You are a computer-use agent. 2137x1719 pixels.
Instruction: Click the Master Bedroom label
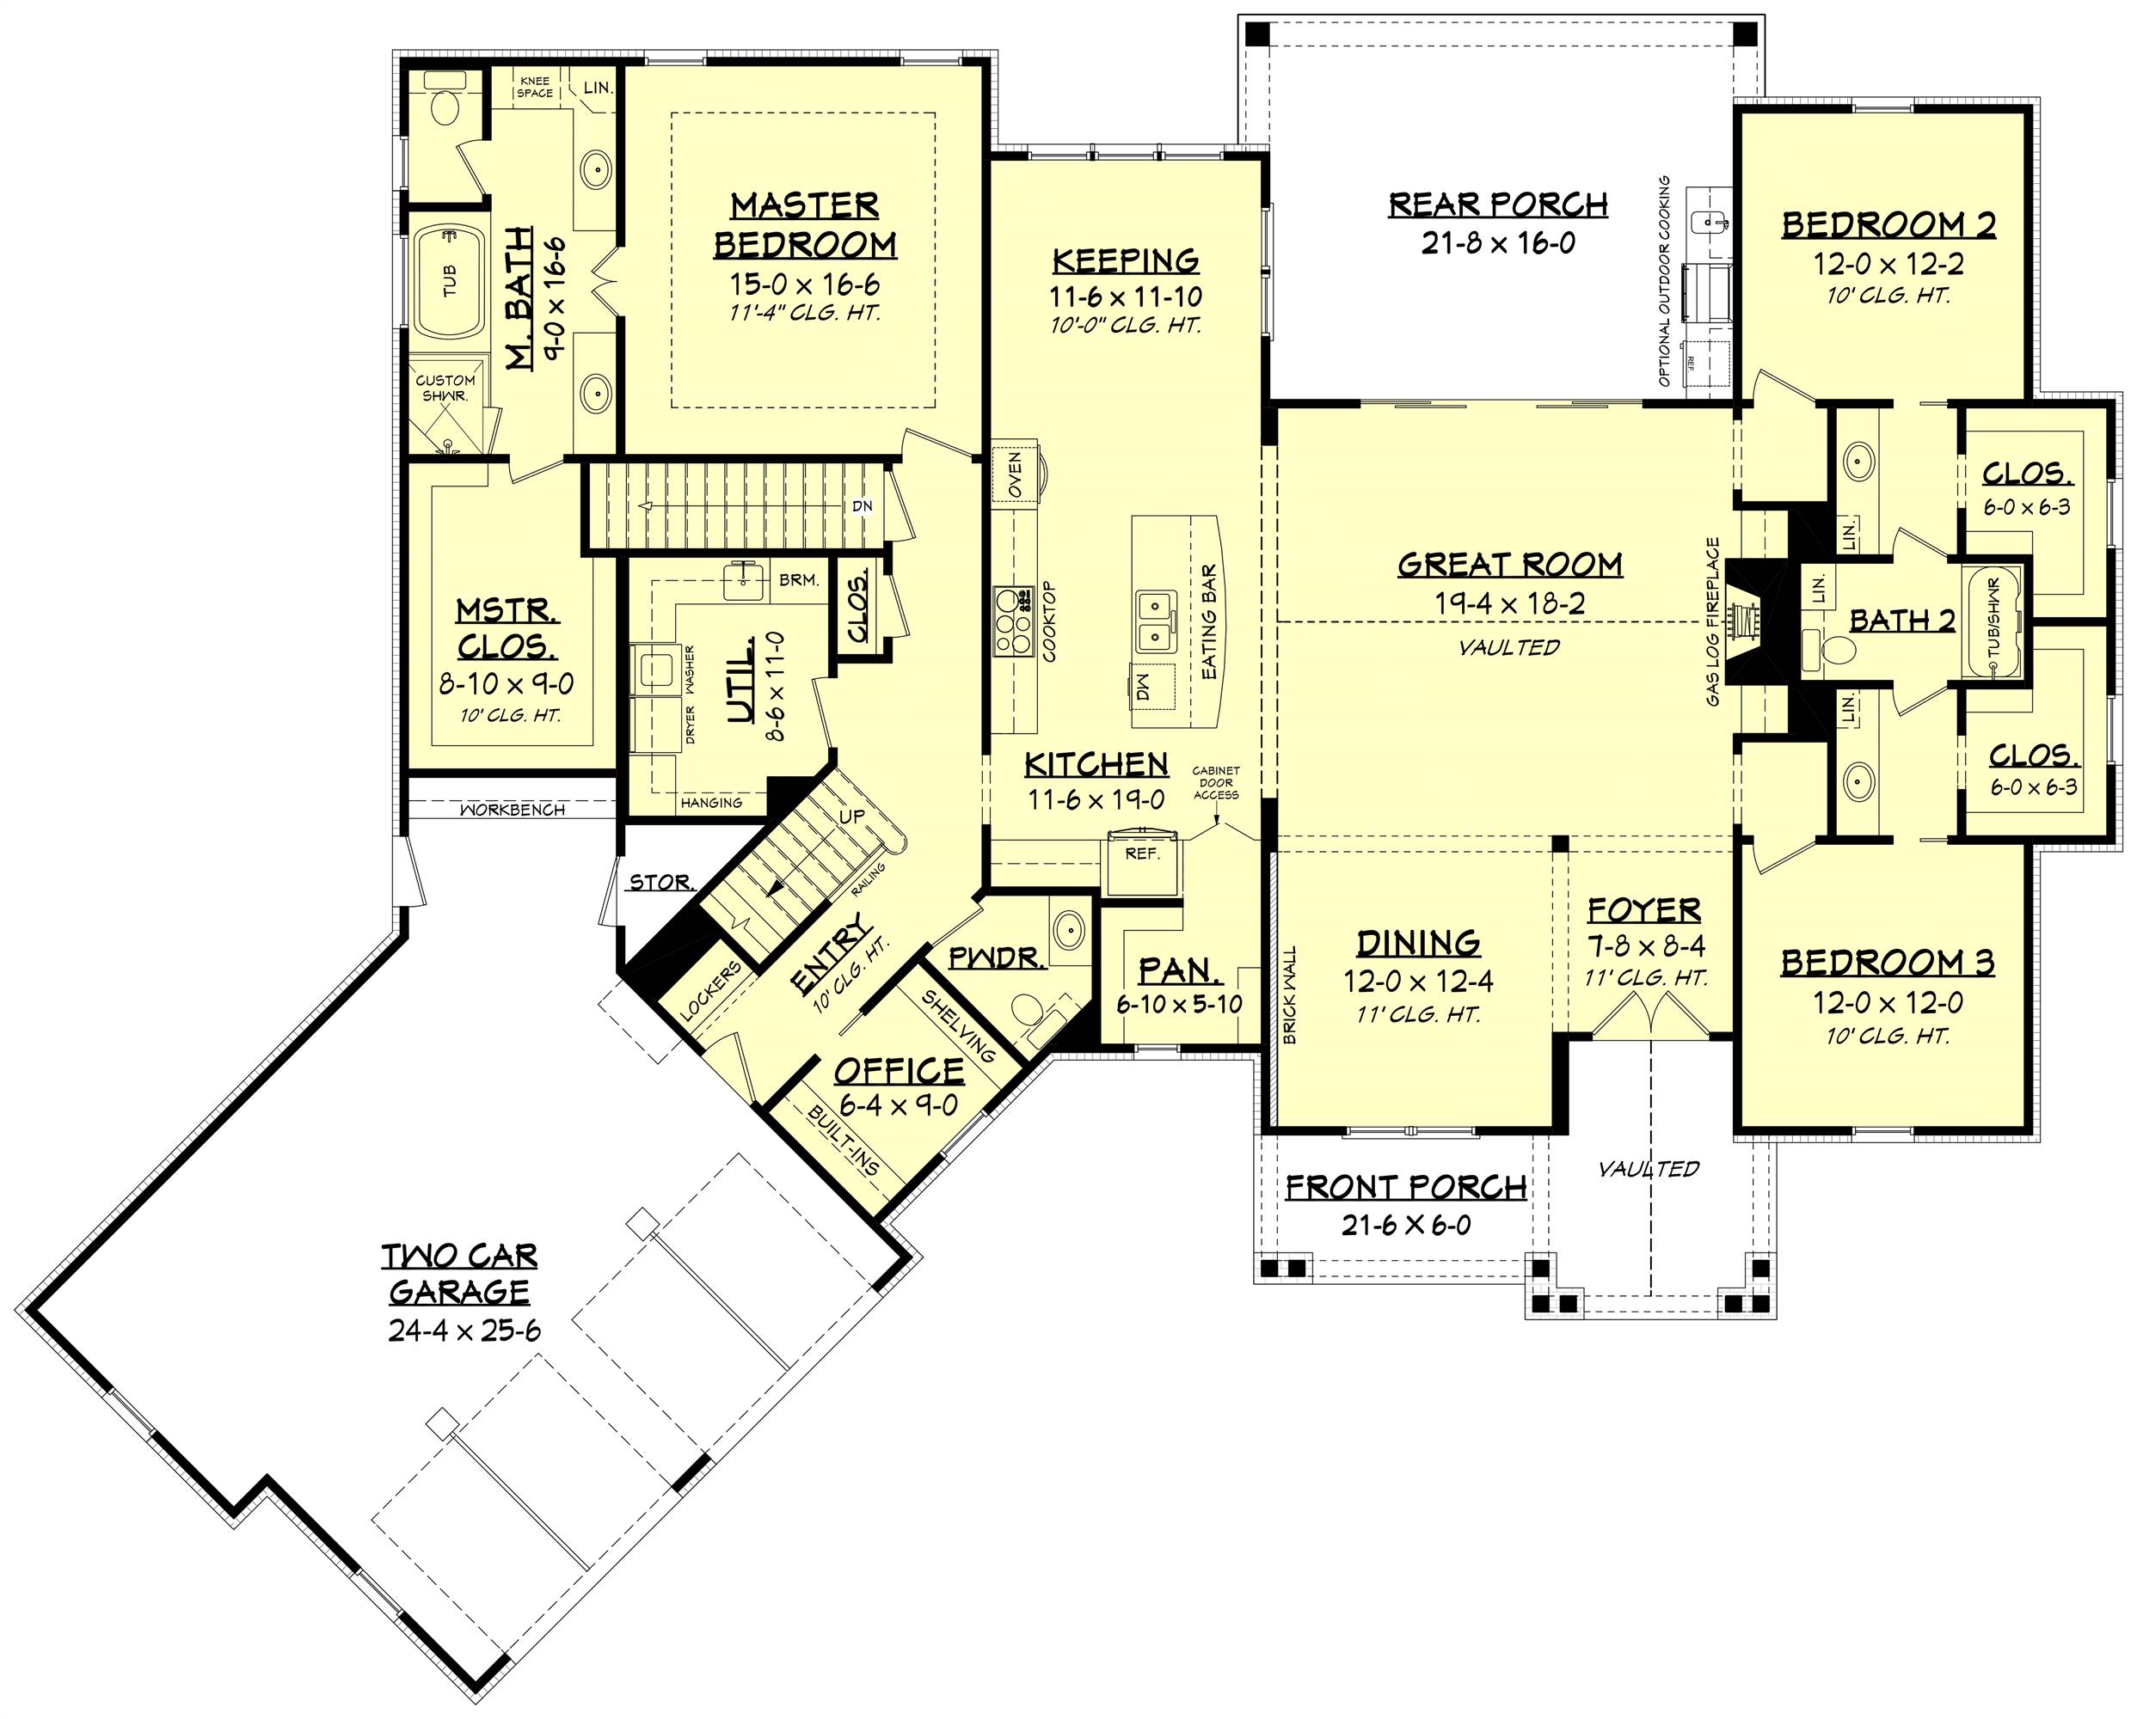(805, 225)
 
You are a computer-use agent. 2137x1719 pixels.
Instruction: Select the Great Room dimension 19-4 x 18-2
(1509, 603)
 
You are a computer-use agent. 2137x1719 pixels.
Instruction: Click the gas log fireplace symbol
(1742, 622)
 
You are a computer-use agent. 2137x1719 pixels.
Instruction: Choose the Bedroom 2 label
(1888, 224)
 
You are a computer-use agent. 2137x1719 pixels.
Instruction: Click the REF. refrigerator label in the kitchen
(1142, 852)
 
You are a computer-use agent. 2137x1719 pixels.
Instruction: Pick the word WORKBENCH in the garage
(513, 810)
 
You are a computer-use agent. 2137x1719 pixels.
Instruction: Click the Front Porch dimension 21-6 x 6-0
(1407, 1225)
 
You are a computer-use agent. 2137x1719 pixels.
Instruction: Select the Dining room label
(1418, 942)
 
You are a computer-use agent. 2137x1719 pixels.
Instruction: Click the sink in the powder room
(1067, 928)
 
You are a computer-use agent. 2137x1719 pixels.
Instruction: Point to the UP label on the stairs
(852, 817)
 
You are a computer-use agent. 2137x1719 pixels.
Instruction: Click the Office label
(899, 1071)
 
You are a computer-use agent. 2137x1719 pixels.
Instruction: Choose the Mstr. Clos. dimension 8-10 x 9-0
(507, 683)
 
